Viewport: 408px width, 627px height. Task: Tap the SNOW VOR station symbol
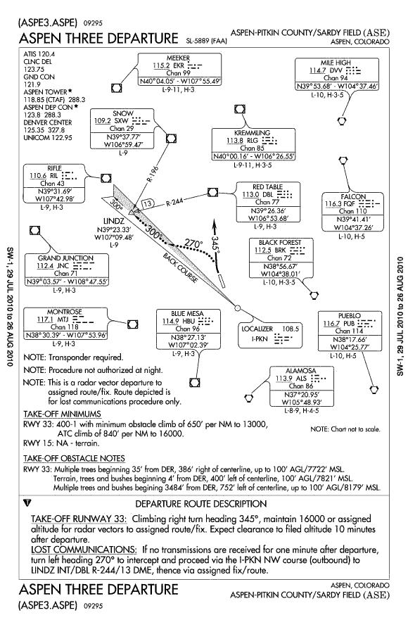pyautogui.click(x=171, y=139)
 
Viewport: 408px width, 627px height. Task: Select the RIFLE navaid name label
pyautogui.click(x=54, y=168)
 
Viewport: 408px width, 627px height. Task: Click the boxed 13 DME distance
pyautogui.click(x=148, y=203)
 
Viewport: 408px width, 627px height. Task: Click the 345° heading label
pyautogui.click(x=215, y=243)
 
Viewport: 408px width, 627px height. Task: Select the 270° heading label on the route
pyautogui.click(x=193, y=243)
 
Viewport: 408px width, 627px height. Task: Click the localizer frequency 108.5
pyautogui.click(x=291, y=329)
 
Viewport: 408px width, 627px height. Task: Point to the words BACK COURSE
pyautogui.click(x=180, y=267)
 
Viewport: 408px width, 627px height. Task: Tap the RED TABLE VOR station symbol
pyautogui.click(x=212, y=192)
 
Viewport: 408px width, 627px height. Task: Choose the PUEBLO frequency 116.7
pyautogui.click(x=331, y=324)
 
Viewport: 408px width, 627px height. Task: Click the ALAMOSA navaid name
pyautogui.click(x=300, y=371)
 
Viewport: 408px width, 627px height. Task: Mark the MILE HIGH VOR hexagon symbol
pyautogui.click(x=342, y=120)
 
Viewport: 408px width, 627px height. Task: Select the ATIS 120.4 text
pyautogui.click(x=39, y=54)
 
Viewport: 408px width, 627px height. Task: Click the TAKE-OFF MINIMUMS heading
pyautogui.click(x=62, y=414)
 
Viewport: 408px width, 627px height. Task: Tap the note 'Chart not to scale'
pyautogui.click(x=345, y=429)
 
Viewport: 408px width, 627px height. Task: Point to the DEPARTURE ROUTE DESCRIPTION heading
pyautogui.click(x=201, y=504)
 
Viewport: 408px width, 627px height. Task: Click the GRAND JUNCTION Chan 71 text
pyautogui.click(x=65, y=274)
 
